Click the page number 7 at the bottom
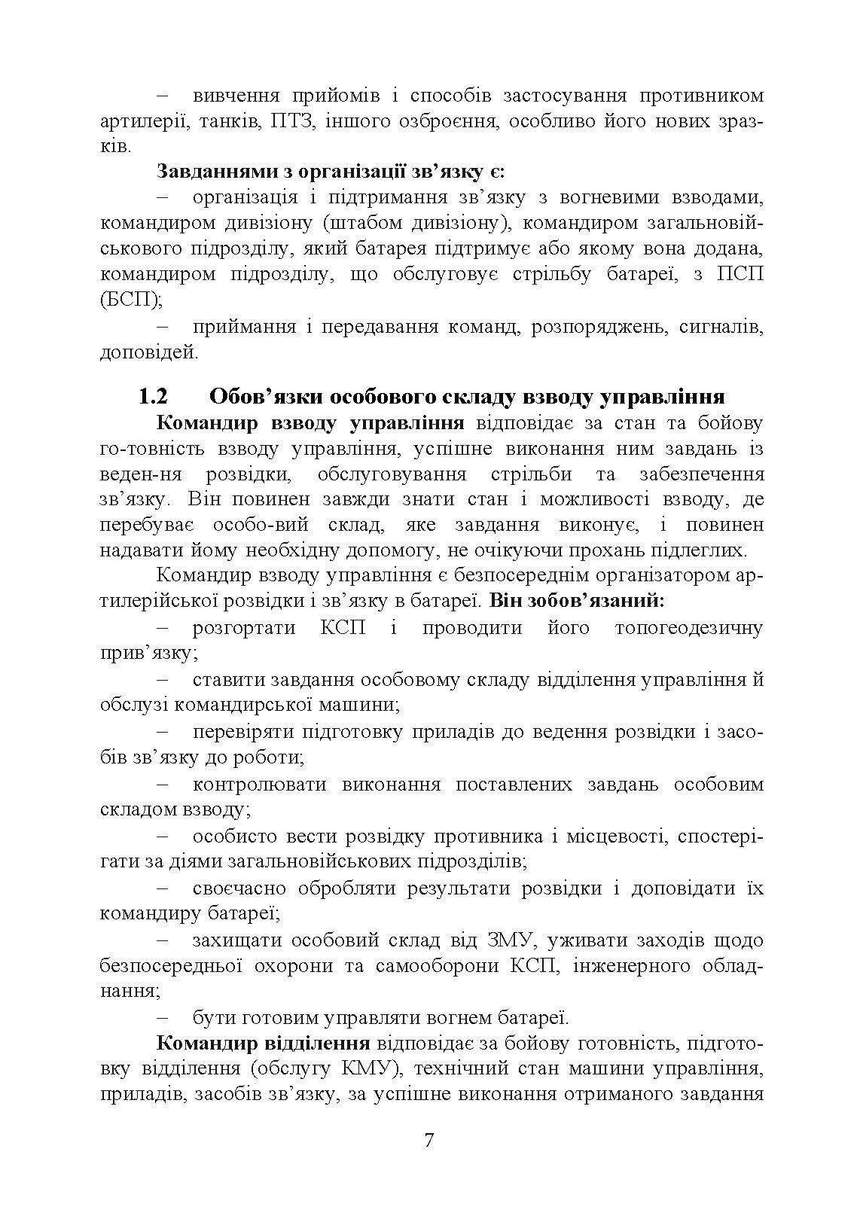tap(429, 1140)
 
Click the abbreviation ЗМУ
tap(509, 940)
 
